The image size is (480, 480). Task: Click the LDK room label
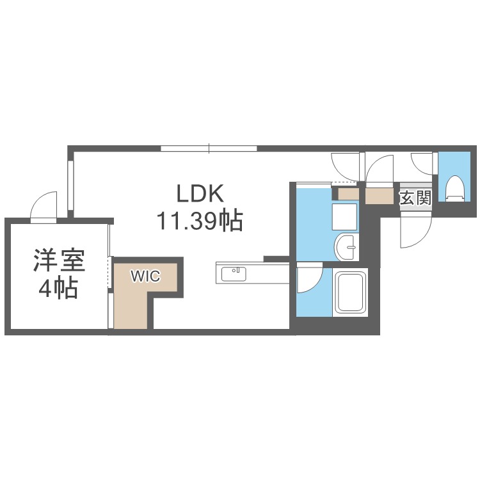click(x=199, y=194)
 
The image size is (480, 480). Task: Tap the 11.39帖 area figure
click(x=199, y=221)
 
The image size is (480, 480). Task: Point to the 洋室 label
click(x=59, y=262)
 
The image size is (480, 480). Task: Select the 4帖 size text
click(x=59, y=289)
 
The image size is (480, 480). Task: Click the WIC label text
click(x=145, y=276)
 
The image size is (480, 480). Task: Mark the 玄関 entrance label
click(x=415, y=197)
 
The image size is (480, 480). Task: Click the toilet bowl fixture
click(x=455, y=188)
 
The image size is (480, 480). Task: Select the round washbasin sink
click(x=348, y=246)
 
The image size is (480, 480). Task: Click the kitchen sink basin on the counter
click(x=233, y=274)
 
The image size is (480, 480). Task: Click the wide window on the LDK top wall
click(x=209, y=149)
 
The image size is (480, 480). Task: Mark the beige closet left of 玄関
click(x=380, y=195)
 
